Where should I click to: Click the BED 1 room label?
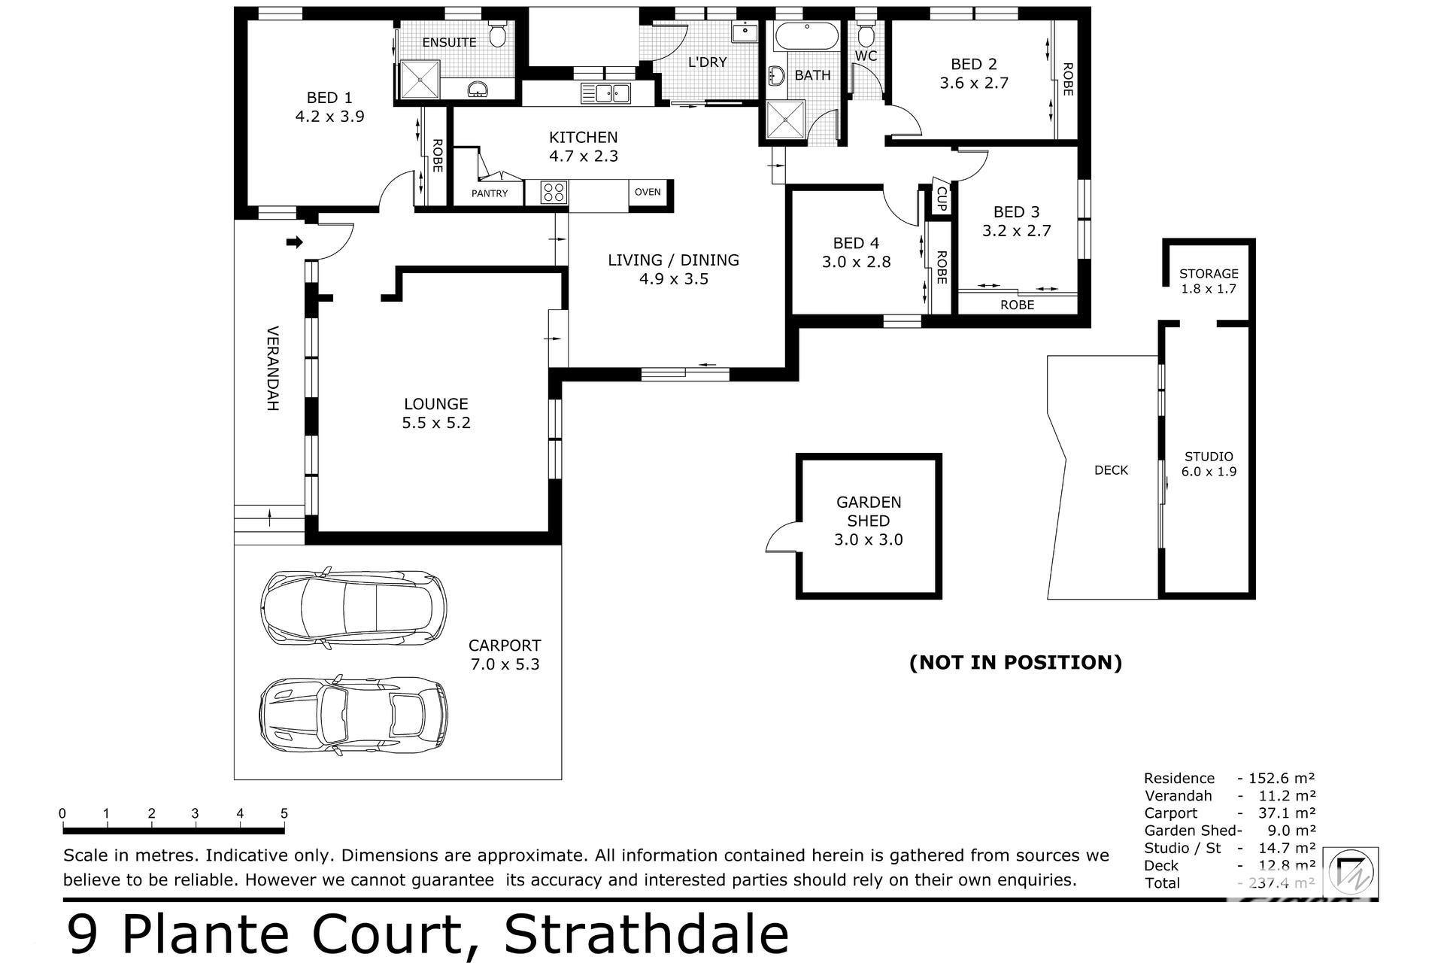tap(329, 98)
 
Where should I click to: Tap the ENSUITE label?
tap(449, 42)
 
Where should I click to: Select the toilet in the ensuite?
tap(497, 34)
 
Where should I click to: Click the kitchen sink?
tap(605, 93)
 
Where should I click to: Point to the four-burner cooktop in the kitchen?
tap(554, 192)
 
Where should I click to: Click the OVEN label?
tap(648, 192)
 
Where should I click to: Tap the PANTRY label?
tap(490, 193)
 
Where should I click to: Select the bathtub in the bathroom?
tap(805, 35)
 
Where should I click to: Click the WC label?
tap(866, 56)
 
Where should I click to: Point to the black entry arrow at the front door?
tap(295, 242)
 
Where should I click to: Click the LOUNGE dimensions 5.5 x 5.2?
tap(436, 423)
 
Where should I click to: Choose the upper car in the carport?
tap(353, 608)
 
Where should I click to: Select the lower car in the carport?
tap(353, 715)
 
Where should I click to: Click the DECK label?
tap(1111, 470)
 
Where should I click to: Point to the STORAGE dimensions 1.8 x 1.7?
tap(1209, 289)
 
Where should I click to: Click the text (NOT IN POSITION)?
tap(1015, 662)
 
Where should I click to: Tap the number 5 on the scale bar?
tap(284, 813)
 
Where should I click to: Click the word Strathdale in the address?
tap(647, 934)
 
